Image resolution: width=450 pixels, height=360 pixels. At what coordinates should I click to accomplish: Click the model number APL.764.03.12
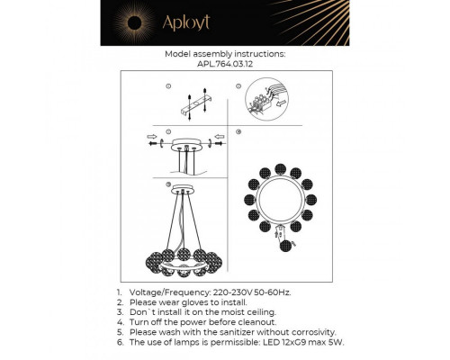coord(226,63)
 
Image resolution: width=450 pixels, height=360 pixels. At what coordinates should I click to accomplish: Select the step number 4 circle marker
coord(239,132)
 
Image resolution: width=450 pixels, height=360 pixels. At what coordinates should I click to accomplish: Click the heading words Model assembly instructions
coord(225,53)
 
